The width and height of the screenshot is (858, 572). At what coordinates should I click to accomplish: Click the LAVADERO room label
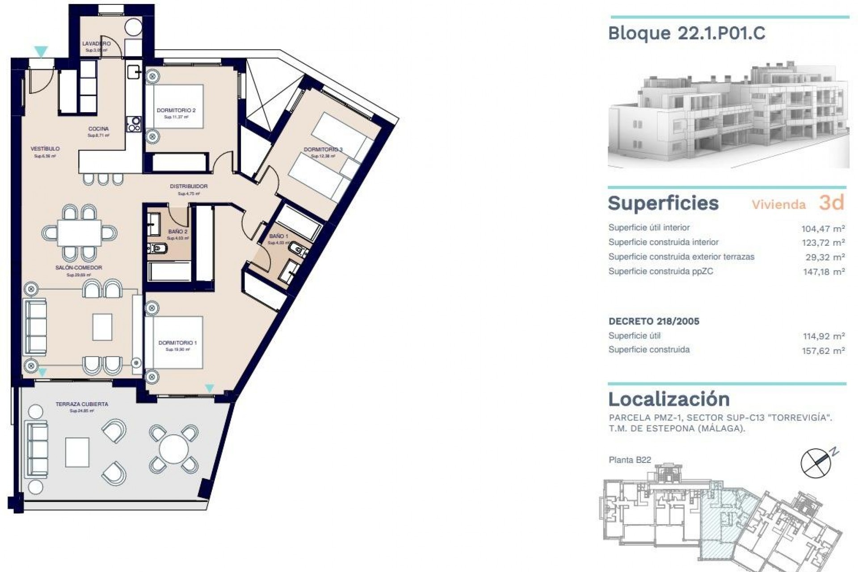pyautogui.click(x=96, y=44)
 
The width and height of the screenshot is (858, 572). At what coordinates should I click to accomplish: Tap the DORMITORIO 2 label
pyautogui.click(x=176, y=110)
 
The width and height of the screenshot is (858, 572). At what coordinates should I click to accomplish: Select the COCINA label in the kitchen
pyautogui.click(x=98, y=129)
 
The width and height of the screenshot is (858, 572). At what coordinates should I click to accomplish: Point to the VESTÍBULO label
pyautogui.click(x=45, y=149)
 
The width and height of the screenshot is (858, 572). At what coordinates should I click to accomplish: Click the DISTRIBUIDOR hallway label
pyautogui.click(x=189, y=186)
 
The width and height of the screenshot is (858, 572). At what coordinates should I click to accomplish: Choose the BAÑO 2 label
pyautogui.click(x=178, y=231)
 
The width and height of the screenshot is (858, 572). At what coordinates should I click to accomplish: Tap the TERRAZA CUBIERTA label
pyautogui.click(x=82, y=404)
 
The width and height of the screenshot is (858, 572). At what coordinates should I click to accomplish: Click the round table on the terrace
pyautogui.click(x=174, y=449)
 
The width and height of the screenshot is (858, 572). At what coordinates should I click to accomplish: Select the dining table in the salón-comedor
pyautogui.click(x=80, y=233)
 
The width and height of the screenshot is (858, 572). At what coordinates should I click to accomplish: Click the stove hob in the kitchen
pyautogui.click(x=134, y=124)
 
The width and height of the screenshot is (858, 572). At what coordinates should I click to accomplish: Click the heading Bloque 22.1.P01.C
pyautogui.click(x=686, y=34)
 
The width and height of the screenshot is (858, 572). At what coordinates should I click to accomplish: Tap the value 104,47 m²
pyautogui.click(x=823, y=229)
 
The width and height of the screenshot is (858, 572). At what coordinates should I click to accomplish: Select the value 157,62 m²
pyautogui.click(x=823, y=351)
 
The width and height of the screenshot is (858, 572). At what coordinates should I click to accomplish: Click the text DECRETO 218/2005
pyautogui.click(x=654, y=321)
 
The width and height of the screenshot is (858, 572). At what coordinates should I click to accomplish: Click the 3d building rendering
pyautogui.click(x=728, y=116)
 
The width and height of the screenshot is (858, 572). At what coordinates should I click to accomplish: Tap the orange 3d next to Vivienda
pyautogui.click(x=831, y=203)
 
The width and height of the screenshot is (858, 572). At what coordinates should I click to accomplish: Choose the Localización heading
pyautogui.click(x=669, y=399)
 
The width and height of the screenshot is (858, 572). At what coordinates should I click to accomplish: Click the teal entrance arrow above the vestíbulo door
pyautogui.click(x=41, y=52)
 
